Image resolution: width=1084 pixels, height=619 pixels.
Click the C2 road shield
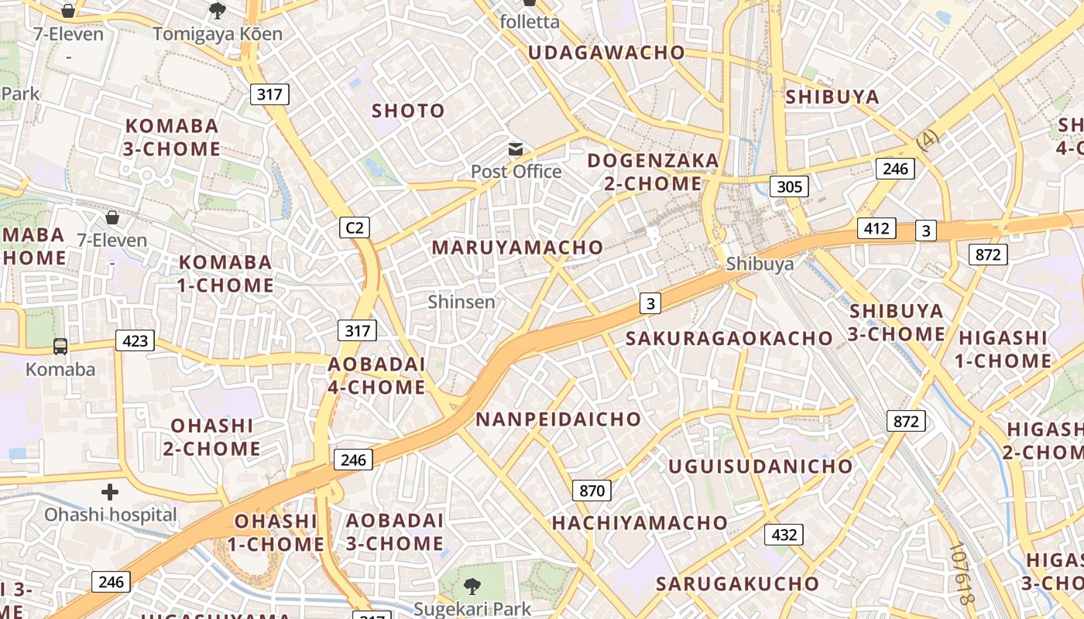(x=354, y=227)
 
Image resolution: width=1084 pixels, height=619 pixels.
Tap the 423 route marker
(x=135, y=340)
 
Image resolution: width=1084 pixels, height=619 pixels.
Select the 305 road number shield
(x=789, y=186)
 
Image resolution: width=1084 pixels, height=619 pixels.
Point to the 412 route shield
(x=876, y=228)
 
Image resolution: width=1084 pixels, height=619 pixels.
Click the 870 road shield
(x=592, y=491)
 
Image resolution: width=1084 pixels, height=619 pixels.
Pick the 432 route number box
(x=784, y=535)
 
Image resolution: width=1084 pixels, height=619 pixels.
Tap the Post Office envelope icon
(x=516, y=149)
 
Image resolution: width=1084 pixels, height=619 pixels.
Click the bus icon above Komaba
(x=60, y=346)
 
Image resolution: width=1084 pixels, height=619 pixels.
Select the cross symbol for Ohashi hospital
(x=110, y=491)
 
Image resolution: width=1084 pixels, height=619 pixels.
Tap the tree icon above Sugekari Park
(x=472, y=586)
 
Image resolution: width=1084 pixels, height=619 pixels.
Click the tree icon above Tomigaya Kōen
(x=218, y=11)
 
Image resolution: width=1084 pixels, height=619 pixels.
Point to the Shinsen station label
(x=461, y=302)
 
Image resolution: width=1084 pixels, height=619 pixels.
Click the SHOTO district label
(x=408, y=111)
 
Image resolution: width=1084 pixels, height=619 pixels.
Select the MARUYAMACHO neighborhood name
(x=517, y=248)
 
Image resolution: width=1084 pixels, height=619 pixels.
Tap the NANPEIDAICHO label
(x=558, y=419)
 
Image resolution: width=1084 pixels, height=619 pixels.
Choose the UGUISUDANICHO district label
(x=760, y=467)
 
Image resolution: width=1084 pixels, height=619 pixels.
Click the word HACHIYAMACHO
(x=640, y=523)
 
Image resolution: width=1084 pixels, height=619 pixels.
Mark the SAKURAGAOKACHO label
(x=729, y=338)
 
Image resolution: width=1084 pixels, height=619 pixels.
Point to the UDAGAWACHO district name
(x=606, y=53)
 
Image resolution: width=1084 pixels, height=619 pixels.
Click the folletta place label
(x=530, y=22)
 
